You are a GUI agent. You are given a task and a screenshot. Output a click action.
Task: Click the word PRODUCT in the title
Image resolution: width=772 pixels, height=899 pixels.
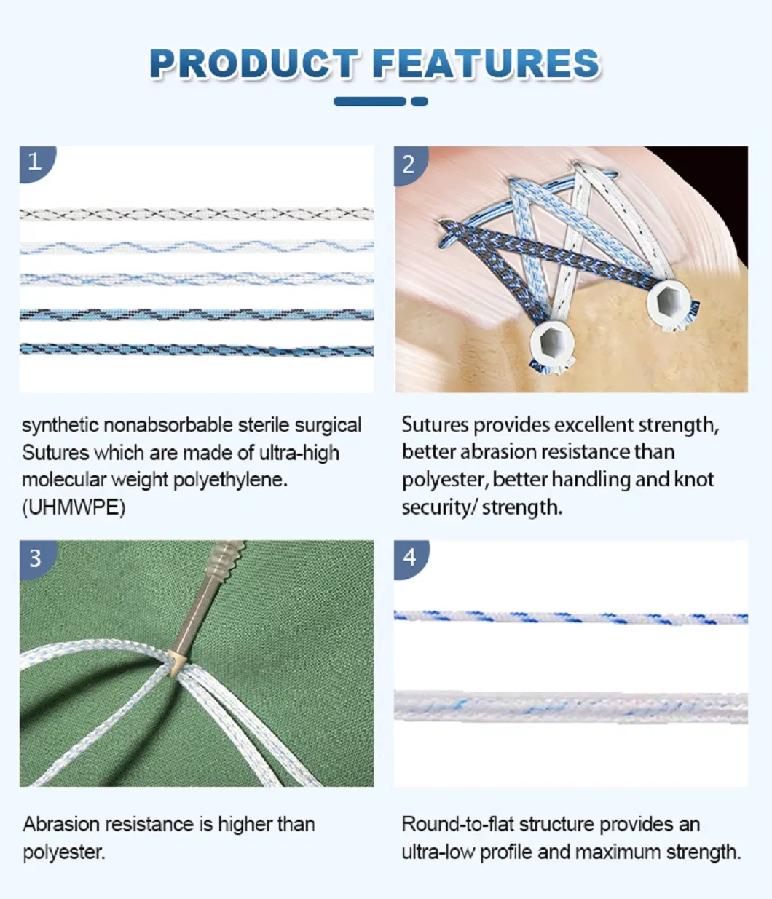pos(253,64)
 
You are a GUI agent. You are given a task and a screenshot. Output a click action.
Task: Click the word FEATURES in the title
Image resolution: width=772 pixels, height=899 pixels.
pos(487,64)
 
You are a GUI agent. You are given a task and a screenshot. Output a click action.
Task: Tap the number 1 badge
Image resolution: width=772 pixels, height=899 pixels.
pos(34,162)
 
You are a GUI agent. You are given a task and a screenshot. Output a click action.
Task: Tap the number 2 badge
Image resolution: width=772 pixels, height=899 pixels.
pos(409,164)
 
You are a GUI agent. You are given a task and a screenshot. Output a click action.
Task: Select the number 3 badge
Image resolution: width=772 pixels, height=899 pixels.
pos(35,558)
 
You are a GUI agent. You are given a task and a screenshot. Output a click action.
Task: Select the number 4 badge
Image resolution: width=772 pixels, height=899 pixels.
pos(409,558)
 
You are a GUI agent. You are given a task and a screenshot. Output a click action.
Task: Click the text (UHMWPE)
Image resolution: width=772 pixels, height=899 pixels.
pos(74,507)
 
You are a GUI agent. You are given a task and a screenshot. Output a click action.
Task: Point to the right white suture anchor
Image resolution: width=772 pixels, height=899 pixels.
pos(666,301)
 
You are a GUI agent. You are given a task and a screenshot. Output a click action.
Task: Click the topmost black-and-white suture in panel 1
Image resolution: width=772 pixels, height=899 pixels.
pos(197,214)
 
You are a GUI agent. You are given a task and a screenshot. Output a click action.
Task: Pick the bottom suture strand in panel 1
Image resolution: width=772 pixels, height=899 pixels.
pos(197,350)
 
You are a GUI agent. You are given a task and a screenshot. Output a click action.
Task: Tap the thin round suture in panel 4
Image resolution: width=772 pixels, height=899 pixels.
pos(570,618)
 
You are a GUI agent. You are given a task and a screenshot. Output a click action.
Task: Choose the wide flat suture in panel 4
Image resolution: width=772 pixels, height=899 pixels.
pos(570,707)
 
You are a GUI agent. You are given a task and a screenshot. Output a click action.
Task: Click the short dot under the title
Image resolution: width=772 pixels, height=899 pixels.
pos(420,102)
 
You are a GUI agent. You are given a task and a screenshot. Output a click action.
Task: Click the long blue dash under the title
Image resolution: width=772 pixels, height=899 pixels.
pos(369,102)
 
